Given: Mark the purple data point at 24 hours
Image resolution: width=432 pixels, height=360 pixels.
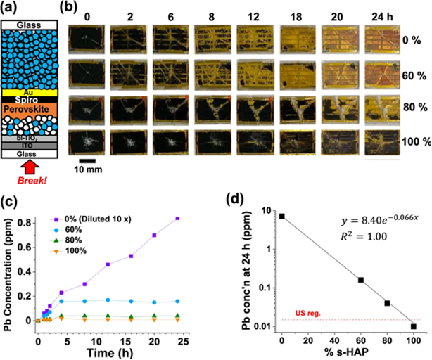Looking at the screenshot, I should coord(177,219).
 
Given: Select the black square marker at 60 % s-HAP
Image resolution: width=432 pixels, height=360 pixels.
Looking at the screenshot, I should coord(361,280).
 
